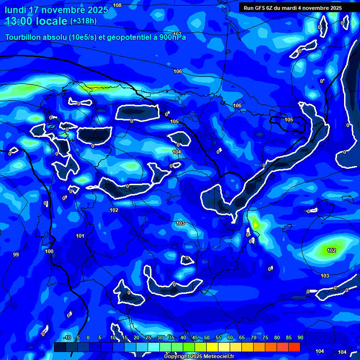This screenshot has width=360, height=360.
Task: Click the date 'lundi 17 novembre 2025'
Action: pyautogui.click(x=56, y=10)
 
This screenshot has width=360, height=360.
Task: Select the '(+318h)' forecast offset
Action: pyautogui.click(x=83, y=21)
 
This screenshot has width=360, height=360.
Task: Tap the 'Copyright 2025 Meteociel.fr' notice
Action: pyautogui.click(x=199, y=356)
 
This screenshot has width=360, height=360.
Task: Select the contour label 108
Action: pyautogui.click(x=117, y=5)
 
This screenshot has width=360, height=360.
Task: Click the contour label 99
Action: pyautogui.click(x=16, y=255)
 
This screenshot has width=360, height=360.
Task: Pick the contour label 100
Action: pyautogui.click(x=49, y=251)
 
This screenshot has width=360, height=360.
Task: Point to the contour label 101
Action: pyautogui.click(x=80, y=236)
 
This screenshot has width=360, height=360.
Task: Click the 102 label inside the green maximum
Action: pyautogui.click(x=331, y=250)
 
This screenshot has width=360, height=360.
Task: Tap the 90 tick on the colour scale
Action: pyautogui.click(x=300, y=337)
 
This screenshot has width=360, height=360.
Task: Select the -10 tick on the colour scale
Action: pyautogui.click(x=67, y=337)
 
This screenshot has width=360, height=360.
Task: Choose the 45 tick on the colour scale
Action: pyautogui.click(x=195, y=337)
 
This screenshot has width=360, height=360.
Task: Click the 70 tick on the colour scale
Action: pyautogui.click(x=254, y=337)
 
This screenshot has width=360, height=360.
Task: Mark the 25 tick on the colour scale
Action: pyautogui.click(x=148, y=337)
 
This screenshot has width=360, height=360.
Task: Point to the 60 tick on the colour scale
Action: pyautogui.click(x=230, y=337)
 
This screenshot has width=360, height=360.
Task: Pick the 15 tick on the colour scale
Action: pyautogui.click(x=124, y=337)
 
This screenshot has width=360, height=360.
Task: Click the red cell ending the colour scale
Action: pyautogui.click(x=294, y=347)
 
